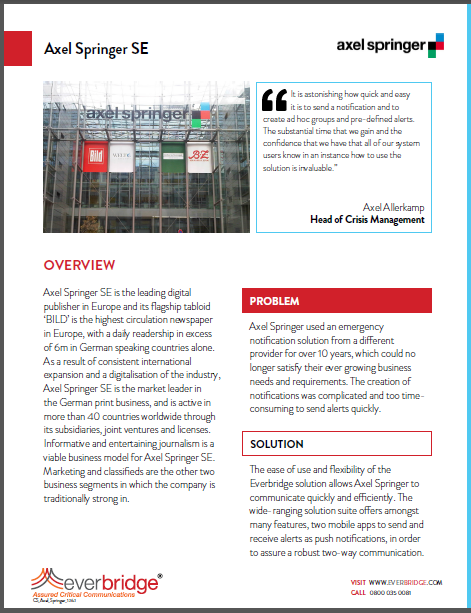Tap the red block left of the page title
pos(16,47)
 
